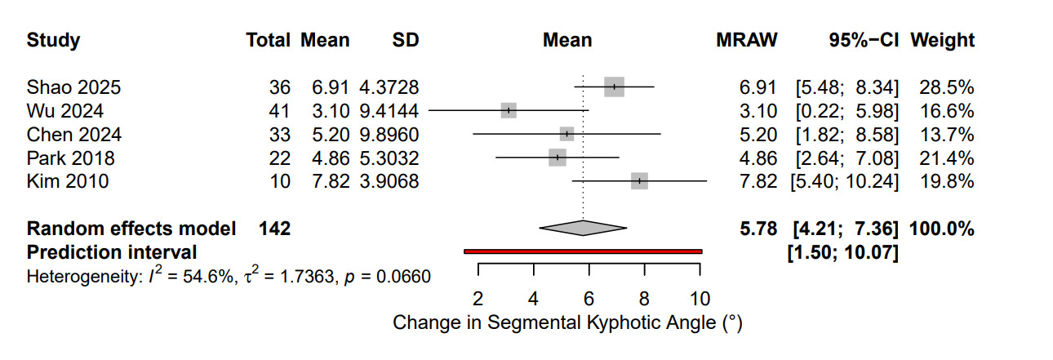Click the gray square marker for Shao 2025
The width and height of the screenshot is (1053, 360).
click(x=614, y=87)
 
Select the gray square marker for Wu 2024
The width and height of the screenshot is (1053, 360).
click(x=509, y=110)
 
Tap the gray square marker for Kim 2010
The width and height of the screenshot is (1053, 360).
click(x=639, y=180)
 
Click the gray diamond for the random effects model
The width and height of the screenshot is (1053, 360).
click(x=583, y=229)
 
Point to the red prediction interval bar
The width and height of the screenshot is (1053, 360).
click(x=583, y=251)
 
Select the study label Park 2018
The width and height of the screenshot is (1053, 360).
click(x=70, y=158)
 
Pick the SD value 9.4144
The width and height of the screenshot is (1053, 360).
click(x=389, y=110)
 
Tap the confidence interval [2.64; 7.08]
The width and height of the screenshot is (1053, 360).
click(x=844, y=158)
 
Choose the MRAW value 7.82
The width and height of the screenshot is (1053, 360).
click(x=758, y=181)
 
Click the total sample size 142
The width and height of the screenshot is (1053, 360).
click(x=273, y=229)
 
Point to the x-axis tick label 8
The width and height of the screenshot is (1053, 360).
click(x=644, y=296)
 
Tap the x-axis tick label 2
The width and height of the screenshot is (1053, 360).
click(x=478, y=296)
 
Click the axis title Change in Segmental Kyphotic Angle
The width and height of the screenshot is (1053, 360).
click(x=566, y=323)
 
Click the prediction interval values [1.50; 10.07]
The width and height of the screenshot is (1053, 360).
click(x=842, y=253)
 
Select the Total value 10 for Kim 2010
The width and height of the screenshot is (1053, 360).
click(x=280, y=181)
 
